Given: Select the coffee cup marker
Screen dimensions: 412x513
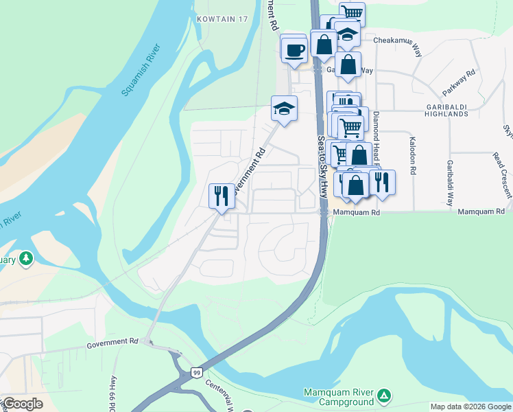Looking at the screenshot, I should tap(295, 50).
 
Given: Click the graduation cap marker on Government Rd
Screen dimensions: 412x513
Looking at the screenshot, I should tap(284, 108).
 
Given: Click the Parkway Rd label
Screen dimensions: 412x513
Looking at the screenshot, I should tap(459, 83).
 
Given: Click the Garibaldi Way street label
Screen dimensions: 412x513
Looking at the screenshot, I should tap(450, 183).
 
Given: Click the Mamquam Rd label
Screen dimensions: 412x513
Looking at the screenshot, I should tap(356, 213).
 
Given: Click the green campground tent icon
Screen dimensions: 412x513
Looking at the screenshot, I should tap(385, 396).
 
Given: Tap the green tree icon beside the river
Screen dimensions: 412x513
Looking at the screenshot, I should tap(26, 258).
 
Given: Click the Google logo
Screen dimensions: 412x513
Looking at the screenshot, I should tap(23, 403).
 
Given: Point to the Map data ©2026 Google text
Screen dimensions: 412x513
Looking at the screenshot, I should tap(470, 407).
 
